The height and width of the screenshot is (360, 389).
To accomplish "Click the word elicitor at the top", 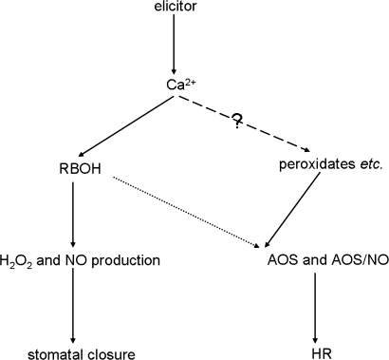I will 175,9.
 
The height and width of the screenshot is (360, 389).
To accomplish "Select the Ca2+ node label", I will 176,85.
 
